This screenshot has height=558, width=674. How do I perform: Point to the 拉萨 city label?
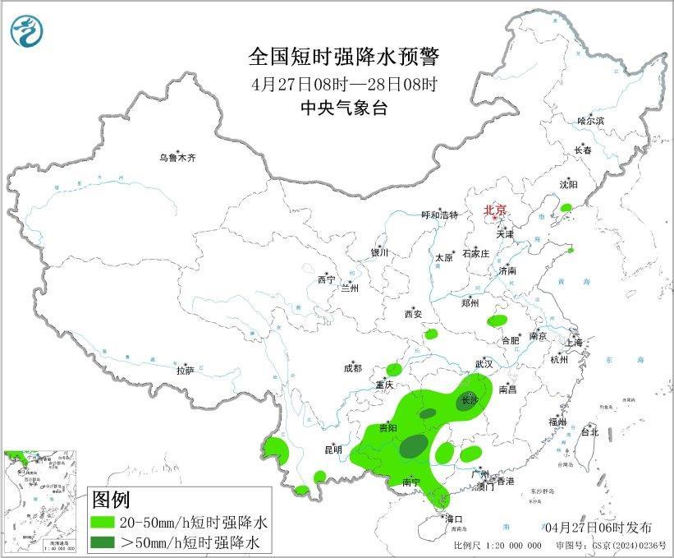184,371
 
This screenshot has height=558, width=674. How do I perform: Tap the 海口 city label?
454,519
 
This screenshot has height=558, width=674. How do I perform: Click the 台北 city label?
589,431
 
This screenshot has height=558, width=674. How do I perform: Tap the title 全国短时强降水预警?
344,57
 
